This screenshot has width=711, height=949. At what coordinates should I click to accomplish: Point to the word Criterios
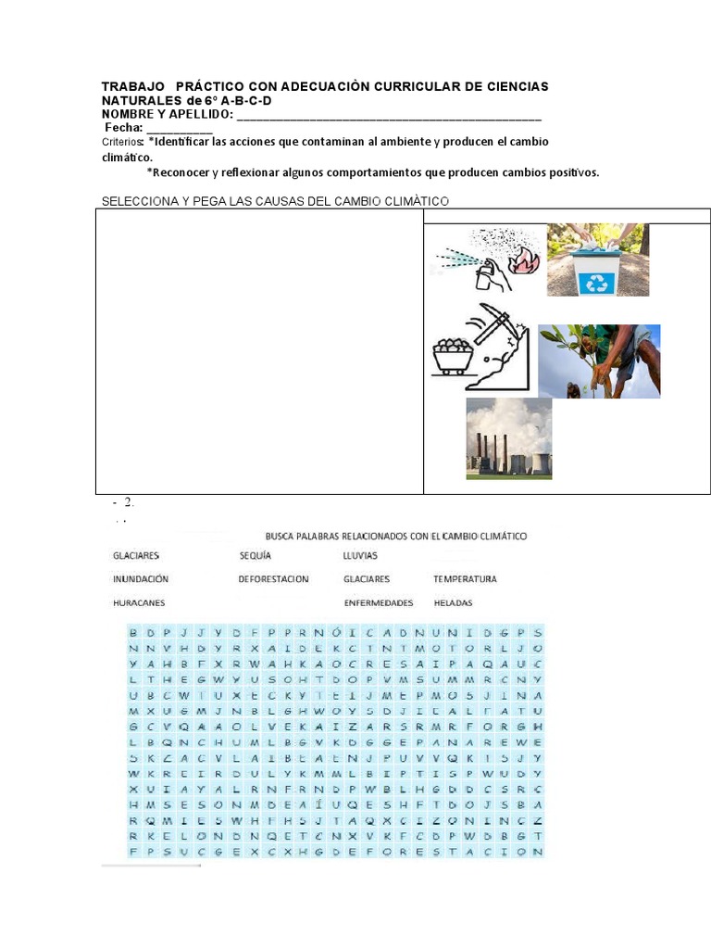click(x=122, y=142)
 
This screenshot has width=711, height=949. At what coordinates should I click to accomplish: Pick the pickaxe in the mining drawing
click(x=495, y=320)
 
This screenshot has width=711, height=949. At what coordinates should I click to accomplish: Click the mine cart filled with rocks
click(x=453, y=356)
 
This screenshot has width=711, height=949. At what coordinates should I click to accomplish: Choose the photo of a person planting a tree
click(x=599, y=361)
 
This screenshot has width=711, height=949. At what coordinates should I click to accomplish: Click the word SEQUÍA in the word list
click(x=255, y=556)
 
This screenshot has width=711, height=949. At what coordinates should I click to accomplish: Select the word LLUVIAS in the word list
click(x=360, y=556)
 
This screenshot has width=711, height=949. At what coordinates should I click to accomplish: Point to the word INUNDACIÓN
click(x=141, y=579)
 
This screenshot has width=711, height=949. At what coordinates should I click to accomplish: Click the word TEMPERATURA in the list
click(x=465, y=579)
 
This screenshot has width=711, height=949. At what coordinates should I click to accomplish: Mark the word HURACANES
click(x=139, y=602)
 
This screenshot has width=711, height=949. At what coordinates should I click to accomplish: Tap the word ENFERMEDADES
click(x=378, y=602)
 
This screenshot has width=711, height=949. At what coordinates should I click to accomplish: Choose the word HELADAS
click(x=453, y=602)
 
